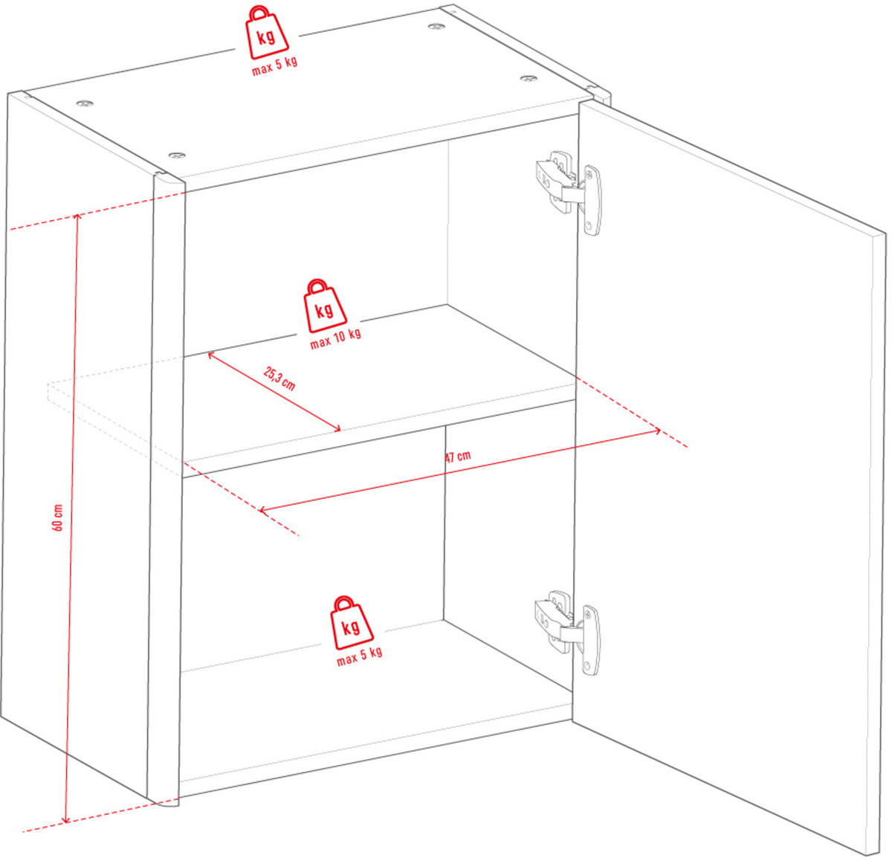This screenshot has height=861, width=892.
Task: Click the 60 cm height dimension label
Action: pyautogui.click(x=58, y=517)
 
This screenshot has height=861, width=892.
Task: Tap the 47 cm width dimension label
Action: pyautogui.click(x=458, y=457)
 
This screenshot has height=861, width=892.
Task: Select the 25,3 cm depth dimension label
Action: pyautogui.click(x=279, y=378)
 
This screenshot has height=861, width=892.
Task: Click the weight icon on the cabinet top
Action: pyautogui.click(x=268, y=33)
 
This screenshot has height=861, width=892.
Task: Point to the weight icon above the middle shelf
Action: pyautogui.click(x=325, y=306)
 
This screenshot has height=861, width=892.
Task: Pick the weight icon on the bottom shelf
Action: pyautogui.click(x=352, y=622)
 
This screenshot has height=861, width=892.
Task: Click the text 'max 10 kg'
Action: pyautogui.click(x=335, y=339)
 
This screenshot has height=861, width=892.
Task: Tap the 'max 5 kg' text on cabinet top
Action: pyautogui.click(x=274, y=66)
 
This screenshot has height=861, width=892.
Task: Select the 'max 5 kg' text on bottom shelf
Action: pyautogui.click(x=359, y=656)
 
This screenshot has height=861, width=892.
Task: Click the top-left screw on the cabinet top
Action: pyautogui.click(x=84, y=103)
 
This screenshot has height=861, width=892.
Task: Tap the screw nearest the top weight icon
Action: pyautogui.click(x=436, y=26)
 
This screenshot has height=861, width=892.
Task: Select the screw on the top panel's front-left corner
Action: pyautogui.click(x=176, y=155)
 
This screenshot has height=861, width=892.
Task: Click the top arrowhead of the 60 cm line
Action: pyautogui.click(x=77, y=216)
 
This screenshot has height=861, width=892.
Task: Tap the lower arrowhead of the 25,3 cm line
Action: pyautogui.click(x=337, y=429)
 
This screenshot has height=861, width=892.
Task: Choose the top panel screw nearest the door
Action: pyautogui.click(x=529, y=78)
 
